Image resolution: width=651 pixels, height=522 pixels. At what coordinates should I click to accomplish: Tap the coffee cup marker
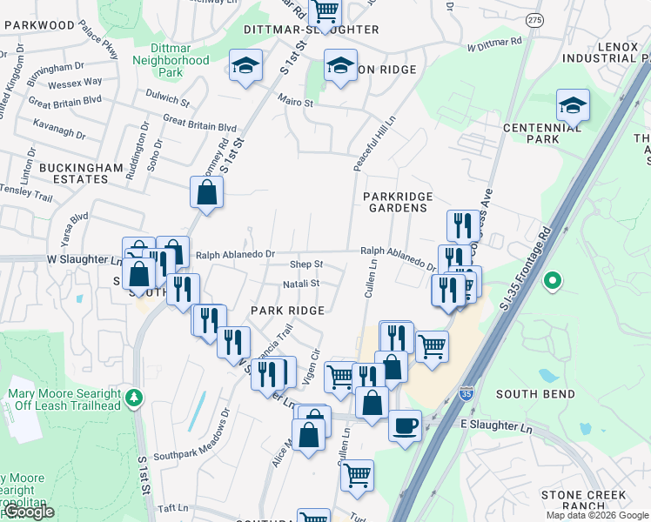(405, 426)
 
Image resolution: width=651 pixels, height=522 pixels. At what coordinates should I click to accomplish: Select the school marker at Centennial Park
(573, 106)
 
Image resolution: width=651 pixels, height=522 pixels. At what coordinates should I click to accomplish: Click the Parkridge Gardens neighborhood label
(396, 202)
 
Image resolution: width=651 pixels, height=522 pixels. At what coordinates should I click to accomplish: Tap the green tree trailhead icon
(134, 398)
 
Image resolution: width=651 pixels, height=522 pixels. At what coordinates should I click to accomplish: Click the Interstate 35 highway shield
(467, 393)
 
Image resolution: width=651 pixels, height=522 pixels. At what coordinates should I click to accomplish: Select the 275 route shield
(534, 20)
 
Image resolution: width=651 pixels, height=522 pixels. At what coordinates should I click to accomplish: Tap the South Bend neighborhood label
(535, 394)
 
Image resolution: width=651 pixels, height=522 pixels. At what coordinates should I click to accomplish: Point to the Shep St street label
(306, 264)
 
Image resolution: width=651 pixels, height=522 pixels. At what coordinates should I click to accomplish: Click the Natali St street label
(301, 284)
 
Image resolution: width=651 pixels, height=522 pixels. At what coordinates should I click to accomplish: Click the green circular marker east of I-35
(551, 281)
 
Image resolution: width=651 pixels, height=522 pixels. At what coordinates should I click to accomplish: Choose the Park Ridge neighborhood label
(287, 311)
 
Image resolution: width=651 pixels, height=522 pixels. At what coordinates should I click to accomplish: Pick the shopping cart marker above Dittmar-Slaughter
(325, 12)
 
